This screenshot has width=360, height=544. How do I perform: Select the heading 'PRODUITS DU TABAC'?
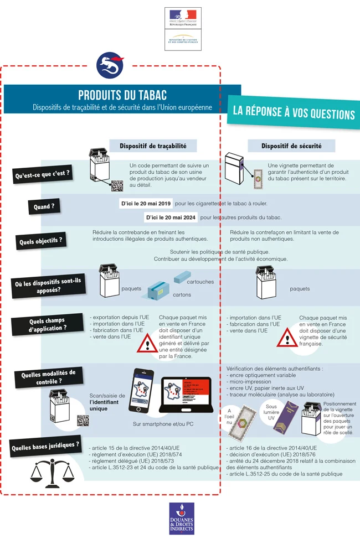[x=122, y=95]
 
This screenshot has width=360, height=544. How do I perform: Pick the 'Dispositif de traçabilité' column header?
[x=153, y=146]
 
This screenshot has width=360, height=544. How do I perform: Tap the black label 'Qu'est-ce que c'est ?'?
[x=42, y=174]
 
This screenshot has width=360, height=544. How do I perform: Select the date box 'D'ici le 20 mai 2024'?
[x=169, y=218]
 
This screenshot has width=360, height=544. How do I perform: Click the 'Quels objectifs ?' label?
[x=41, y=241]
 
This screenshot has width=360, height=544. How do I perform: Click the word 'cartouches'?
[x=196, y=282]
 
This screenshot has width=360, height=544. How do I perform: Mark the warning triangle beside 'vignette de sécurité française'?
[x=287, y=336]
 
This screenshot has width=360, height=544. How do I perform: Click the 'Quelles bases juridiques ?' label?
[x=44, y=445]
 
